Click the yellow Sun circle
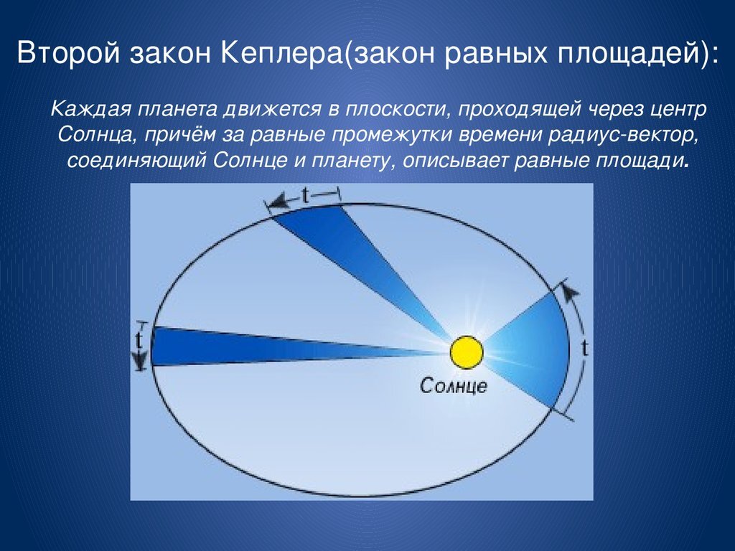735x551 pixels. pyautogui.click(x=467, y=352)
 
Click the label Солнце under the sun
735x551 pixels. pyautogui.click(x=454, y=387)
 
